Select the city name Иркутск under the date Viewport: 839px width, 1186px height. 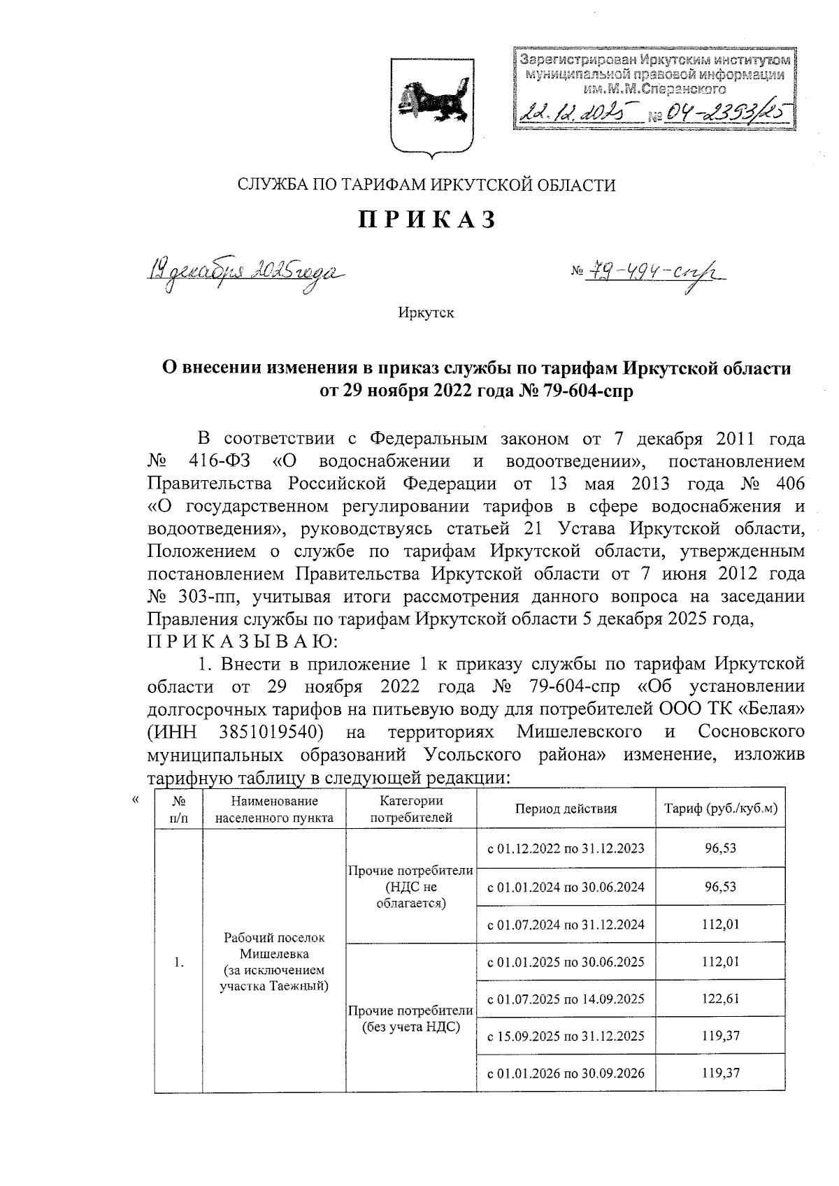426,312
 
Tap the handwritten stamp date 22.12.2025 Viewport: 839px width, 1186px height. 578,110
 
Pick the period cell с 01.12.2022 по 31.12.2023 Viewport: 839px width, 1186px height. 566,848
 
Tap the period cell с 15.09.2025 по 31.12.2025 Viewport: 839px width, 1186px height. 566,1036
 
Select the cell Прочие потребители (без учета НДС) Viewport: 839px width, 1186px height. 411,1018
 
